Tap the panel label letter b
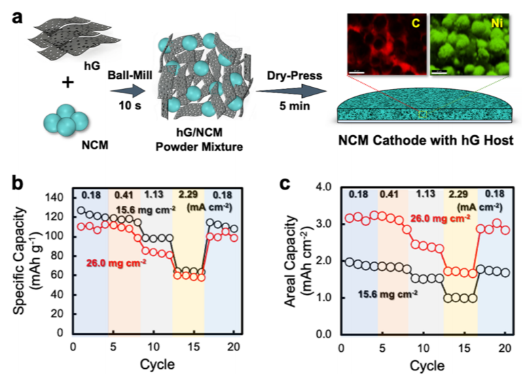click(x=10, y=183)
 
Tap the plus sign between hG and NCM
click(x=67, y=83)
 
